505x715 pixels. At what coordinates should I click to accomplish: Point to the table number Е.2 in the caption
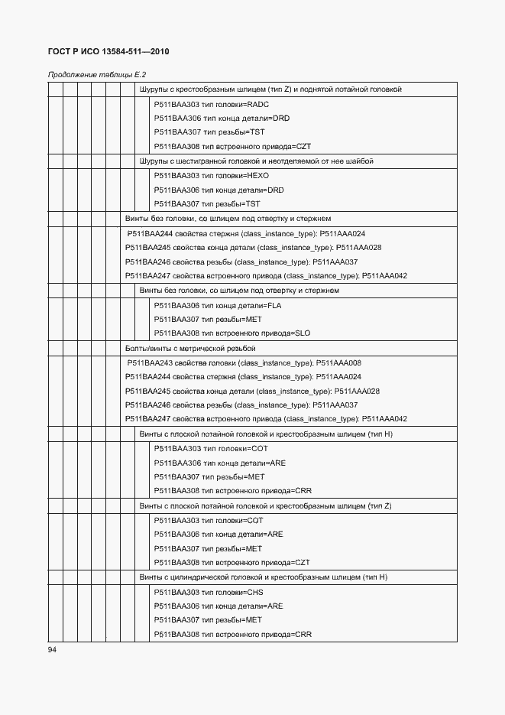click(x=140, y=75)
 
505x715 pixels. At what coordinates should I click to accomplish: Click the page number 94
click(x=52, y=649)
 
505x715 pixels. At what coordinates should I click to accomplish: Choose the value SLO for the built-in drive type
click(x=302, y=333)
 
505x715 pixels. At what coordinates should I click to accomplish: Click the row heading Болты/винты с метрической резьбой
click(x=189, y=348)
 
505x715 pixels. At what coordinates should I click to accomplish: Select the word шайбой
click(x=359, y=161)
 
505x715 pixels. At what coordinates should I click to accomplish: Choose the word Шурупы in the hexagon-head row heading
click(x=151, y=161)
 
